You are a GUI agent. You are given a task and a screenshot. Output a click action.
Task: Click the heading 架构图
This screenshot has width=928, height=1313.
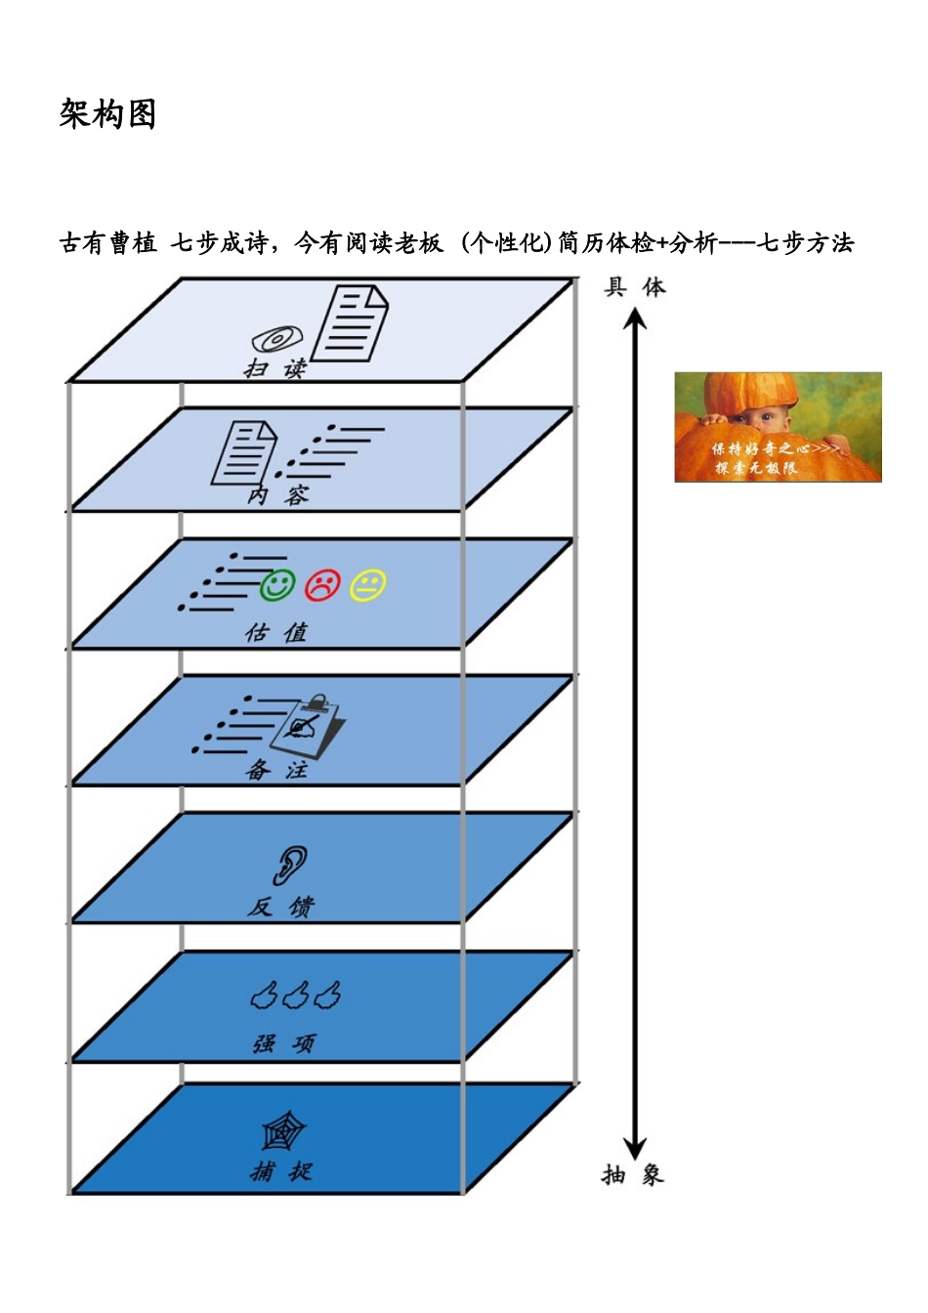coord(107,114)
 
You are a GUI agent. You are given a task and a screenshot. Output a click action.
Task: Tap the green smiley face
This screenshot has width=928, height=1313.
coord(277,585)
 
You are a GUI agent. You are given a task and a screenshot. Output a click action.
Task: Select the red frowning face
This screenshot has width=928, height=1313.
coord(322,585)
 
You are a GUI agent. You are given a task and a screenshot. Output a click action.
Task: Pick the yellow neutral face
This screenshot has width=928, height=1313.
coord(368,585)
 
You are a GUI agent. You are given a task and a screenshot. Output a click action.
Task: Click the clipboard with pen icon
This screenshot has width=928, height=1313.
coord(308,726)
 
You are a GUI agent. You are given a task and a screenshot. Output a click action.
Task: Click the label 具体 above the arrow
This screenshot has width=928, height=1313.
coord(635,287)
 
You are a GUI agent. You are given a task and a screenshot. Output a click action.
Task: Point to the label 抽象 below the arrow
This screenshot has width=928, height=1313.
coord(633,1174)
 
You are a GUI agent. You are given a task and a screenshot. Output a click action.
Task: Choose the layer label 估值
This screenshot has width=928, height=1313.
coord(276,633)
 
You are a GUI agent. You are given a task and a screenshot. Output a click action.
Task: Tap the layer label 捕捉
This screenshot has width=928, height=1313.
coord(281,1171)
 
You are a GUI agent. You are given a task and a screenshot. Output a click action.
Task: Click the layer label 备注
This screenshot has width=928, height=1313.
coord(276,770)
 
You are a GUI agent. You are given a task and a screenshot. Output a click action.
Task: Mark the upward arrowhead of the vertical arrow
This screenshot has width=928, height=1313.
coord(636,320)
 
